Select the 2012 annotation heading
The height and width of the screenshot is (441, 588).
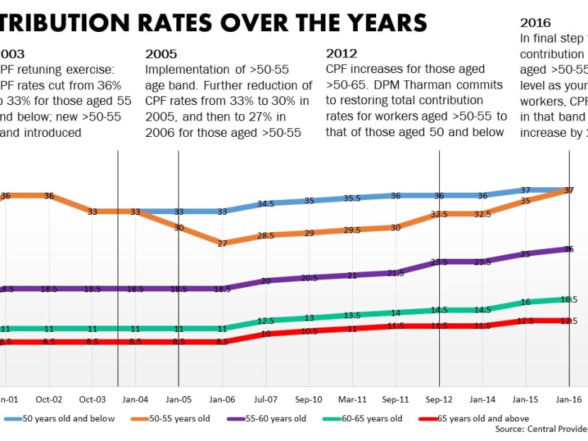[x=341, y=53]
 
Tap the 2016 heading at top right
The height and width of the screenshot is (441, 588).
[x=536, y=23]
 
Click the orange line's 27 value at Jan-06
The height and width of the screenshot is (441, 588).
[x=222, y=243]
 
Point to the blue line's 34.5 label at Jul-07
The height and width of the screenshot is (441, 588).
[x=266, y=203]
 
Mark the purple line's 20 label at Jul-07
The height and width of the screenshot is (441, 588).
[x=266, y=281]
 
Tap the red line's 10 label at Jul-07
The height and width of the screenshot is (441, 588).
[x=266, y=334]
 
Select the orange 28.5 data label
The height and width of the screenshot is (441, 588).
[x=266, y=235]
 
